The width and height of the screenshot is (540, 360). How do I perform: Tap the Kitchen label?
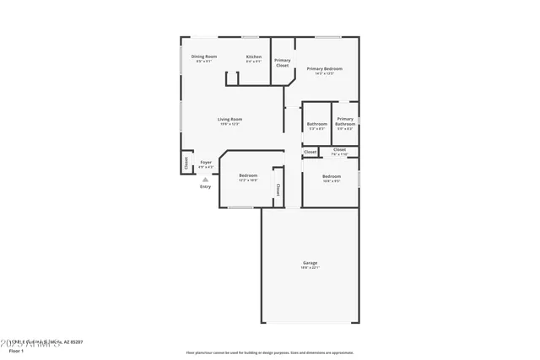coord(254,56)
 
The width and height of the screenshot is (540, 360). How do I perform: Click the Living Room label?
coord(229,119)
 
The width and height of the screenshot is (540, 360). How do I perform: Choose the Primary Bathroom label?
coord(344,121)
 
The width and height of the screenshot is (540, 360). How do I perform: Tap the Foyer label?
coord(206,161)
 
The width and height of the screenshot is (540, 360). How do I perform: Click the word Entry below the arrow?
coord(206,186)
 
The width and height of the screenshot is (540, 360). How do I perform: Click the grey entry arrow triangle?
coord(206,179)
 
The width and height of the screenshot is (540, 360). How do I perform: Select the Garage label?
coord(310,263)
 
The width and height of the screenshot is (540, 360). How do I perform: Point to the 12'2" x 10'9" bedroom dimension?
coord(247,180)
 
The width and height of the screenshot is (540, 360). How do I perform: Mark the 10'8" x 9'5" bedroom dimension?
coord(331,180)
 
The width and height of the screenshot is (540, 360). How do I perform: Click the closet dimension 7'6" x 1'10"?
coord(339,154)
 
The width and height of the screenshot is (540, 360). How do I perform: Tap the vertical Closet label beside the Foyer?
coord(186,163)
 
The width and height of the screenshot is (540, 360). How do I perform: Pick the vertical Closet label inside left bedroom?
coord(277,188)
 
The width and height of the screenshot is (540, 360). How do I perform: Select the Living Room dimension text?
coord(229,124)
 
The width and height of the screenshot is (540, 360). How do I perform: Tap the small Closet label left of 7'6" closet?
coord(310,153)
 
